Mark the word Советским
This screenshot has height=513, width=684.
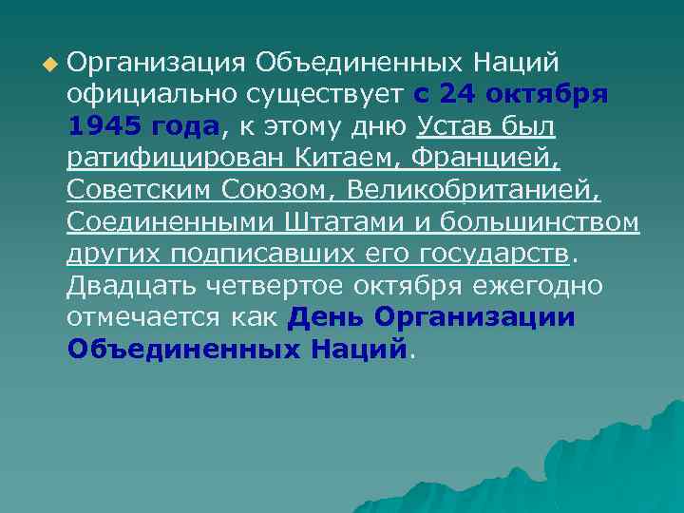point(143,190)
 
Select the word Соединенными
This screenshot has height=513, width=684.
point(171,222)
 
